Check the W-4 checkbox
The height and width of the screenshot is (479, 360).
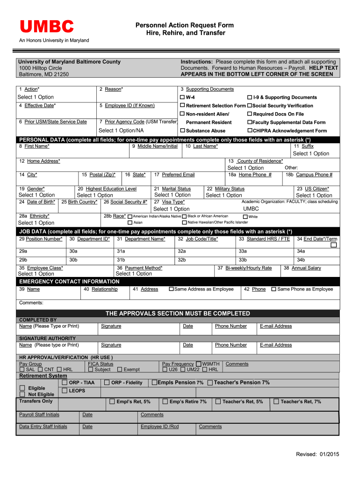(x=183, y=97)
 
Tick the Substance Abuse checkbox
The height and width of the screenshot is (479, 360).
(x=183, y=131)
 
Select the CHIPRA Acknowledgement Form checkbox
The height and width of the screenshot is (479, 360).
(x=250, y=131)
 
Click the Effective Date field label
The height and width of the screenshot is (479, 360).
(x=37, y=106)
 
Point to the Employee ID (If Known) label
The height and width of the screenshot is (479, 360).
(x=127, y=106)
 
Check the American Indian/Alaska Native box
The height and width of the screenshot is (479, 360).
(x=130, y=217)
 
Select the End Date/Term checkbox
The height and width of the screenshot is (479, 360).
(x=333, y=245)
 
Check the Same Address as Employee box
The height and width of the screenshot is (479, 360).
(x=171, y=289)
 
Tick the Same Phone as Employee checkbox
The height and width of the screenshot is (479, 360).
(x=274, y=289)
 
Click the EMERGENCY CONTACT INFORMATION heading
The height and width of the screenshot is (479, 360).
(x=69, y=282)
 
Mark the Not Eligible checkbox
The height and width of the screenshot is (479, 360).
(x=22, y=394)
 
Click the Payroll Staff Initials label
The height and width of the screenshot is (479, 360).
(x=39, y=414)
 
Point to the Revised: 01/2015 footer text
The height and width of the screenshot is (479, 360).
(x=317, y=454)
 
